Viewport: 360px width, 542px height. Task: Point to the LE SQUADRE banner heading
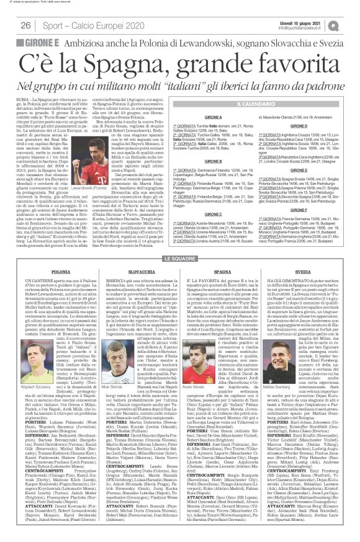coord(180,257)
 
